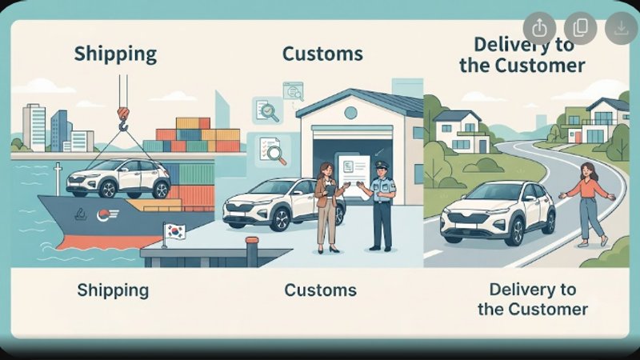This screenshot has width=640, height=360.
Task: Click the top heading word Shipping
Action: click(115, 54)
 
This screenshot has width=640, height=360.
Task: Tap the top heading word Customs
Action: click(322, 54)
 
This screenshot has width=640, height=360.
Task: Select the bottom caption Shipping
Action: click(113, 291)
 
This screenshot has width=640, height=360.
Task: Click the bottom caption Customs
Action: click(321, 290)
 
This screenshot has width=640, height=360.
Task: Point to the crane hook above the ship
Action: click(123, 118)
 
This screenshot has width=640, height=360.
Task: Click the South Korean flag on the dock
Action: click(174, 232)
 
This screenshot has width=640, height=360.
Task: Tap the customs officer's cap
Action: click(382, 166)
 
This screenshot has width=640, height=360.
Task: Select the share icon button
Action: click(539, 28)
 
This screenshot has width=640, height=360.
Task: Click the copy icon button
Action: click(581, 28)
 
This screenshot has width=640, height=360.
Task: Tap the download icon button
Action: click(622, 28)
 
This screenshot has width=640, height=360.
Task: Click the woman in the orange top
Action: click(588, 204)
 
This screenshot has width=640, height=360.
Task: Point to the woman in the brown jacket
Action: click(328, 207)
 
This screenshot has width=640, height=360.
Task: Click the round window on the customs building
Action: click(350, 113)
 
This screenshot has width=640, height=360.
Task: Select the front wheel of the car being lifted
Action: click(108, 189)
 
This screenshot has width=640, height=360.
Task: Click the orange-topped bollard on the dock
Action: click(252, 251)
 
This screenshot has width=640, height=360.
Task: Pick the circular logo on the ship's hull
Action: click(103, 215)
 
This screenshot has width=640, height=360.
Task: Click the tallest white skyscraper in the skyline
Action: click(34, 127)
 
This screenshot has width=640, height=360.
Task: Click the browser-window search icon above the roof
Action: click(293, 91)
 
